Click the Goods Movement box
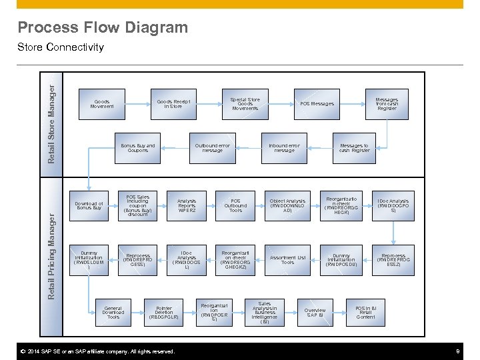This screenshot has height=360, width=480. [x=102, y=104]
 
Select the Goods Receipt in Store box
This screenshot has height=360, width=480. [x=173, y=104]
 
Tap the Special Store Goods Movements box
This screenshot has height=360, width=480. [x=245, y=104]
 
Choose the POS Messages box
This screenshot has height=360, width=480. [x=317, y=104]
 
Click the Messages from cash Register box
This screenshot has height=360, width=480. [x=387, y=104]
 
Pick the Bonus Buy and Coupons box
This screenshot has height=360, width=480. [x=138, y=148]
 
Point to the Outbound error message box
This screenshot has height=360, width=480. [x=212, y=148]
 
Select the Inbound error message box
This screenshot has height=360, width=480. [x=284, y=148]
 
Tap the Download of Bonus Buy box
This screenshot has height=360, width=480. [x=89, y=205]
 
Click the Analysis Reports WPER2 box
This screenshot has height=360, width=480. [x=187, y=205]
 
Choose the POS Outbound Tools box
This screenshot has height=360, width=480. [x=235, y=205]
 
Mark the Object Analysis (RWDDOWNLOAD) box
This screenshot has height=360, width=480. [x=287, y=205]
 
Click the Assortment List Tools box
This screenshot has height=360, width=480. [x=287, y=260]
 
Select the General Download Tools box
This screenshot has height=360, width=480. [x=113, y=312]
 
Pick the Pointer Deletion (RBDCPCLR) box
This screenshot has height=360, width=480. [x=163, y=312]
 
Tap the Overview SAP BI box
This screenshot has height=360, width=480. [x=315, y=312]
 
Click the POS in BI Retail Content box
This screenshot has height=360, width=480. [x=365, y=312]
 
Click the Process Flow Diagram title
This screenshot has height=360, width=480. [x=103, y=27]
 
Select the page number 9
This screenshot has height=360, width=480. [x=457, y=351]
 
